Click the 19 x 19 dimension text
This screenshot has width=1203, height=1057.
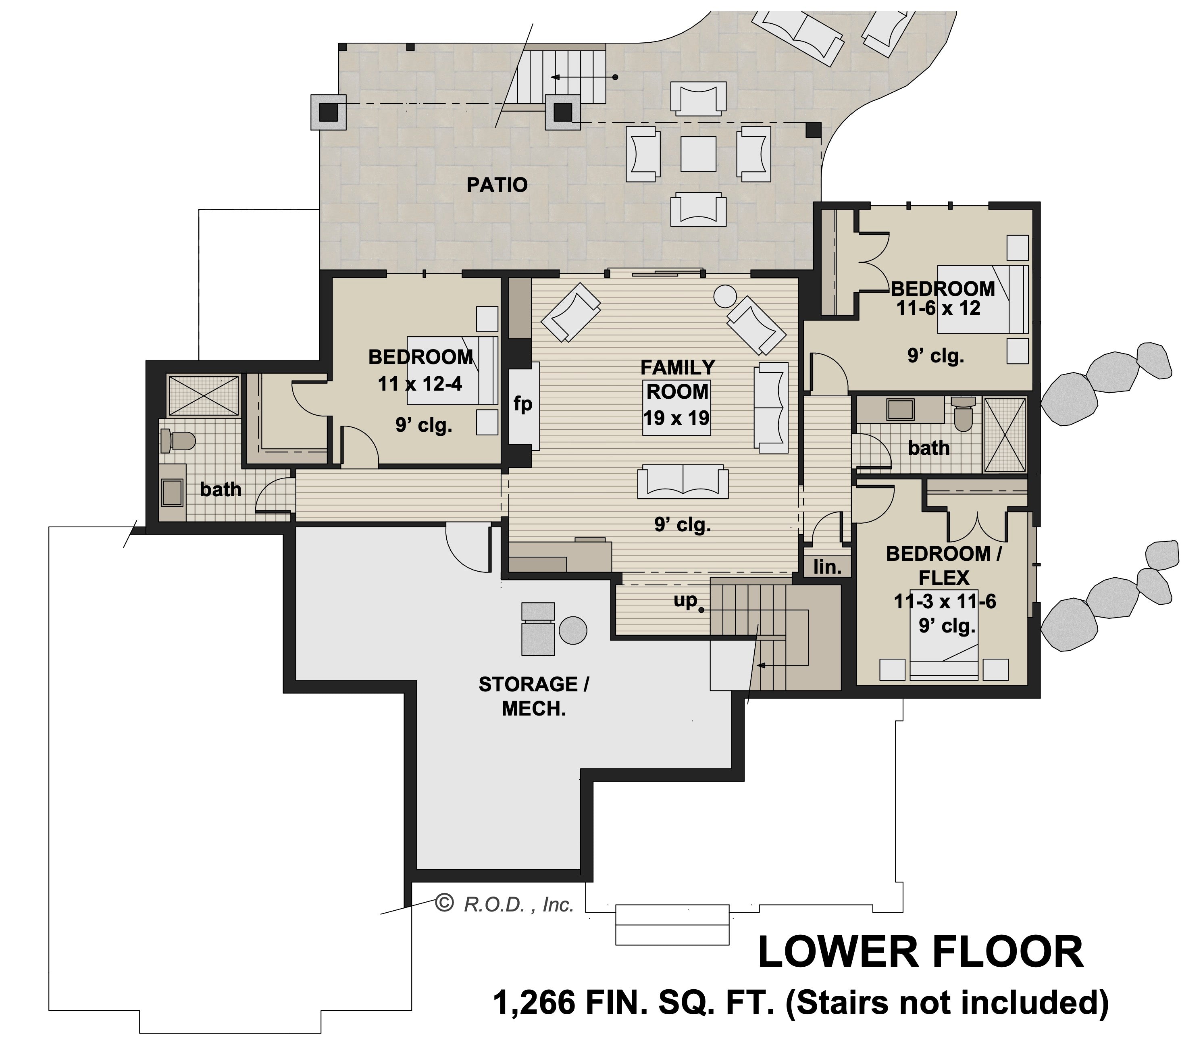[x=676, y=418]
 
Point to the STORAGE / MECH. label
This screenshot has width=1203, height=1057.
[x=534, y=696]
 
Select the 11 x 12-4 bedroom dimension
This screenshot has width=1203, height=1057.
[x=420, y=384]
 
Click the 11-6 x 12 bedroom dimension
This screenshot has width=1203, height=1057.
[x=939, y=308]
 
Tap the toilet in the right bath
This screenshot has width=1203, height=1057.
[x=964, y=413]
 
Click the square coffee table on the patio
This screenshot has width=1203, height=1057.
[x=699, y=154]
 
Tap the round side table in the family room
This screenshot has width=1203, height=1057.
[x=726, y=296]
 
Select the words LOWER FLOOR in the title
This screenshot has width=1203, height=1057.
[x=920, y=953]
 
